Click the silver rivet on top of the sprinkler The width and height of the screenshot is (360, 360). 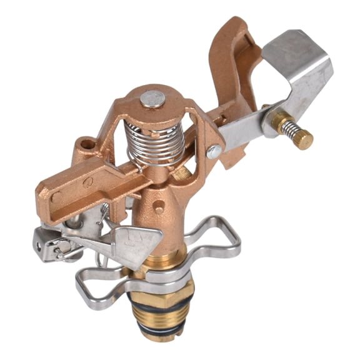tap(152, 99)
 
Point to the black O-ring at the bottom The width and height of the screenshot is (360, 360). tap(164, 337)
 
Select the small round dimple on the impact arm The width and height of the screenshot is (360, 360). tap(88, 182)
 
